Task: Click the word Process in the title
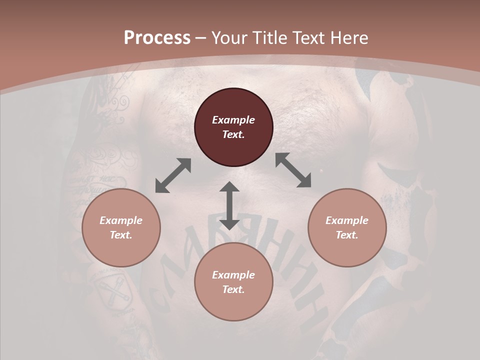click(x=157, y=38)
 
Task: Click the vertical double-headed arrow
click(x=229, y=205)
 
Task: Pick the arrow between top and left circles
click(x=173, y=175)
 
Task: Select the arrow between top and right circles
click(x=293, y=170)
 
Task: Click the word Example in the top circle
click(x=233, y=120)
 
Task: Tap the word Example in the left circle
click(x=121, y=220)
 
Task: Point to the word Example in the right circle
click(x=347, y=220)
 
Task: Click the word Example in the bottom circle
click(x=233, y=275)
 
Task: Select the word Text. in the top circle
click(x=233, y=134)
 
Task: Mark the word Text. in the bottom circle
click(x=233, y=289)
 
